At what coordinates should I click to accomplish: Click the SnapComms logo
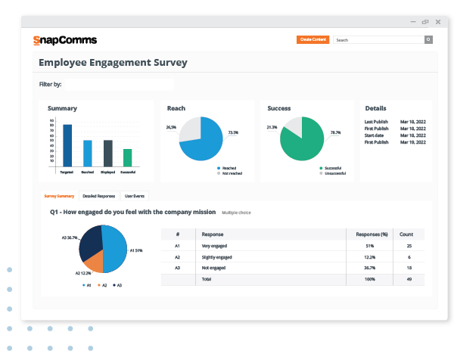click(65, 39)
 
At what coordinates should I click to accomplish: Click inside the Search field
click(378, 39)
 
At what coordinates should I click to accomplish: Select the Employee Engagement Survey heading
click(113, 63)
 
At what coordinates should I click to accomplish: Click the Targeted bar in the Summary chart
click(67, 145)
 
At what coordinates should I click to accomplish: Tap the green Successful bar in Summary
click(128, 157)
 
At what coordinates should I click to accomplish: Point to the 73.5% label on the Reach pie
click(233, 132)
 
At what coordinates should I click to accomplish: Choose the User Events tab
click(135, 196)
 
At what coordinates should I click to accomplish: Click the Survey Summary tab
click(59, 196)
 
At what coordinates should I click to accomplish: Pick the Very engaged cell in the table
click(214, 246)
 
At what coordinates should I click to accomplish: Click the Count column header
click(407, 234)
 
